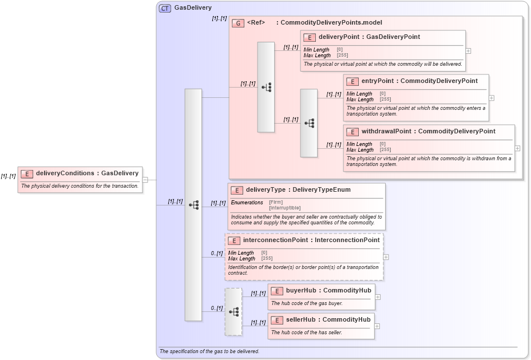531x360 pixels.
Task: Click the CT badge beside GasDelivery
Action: coord(165,8)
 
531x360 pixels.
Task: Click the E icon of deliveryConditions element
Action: coord(26,173)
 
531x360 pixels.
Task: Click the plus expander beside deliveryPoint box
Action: coord(468,50)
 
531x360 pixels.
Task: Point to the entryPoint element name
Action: coord(378,81)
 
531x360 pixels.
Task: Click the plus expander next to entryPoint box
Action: coord(492,98)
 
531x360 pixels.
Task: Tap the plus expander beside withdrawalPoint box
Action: coord(517,148)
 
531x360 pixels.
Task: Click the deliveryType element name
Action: coord(266,189)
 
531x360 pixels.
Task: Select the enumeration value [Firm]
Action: coord(275,202)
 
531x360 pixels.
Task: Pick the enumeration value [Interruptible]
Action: coord(284,208)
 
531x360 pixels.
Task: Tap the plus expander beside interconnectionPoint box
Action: coord(386,257)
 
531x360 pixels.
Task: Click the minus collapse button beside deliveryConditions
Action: coord(145,179)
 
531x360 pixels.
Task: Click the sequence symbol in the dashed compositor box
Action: coord(233,312)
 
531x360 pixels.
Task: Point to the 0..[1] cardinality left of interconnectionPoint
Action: coord(216,254)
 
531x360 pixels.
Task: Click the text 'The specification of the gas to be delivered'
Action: coord(209,351)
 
